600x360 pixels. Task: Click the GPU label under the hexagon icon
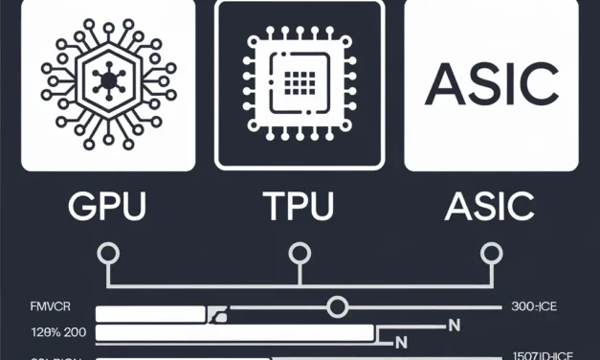point(108,206)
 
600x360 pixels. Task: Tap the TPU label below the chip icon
point(300,206)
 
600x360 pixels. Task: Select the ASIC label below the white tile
point(490,206)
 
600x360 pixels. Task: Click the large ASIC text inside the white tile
point(491,86)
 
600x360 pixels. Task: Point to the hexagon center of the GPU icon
point(108,84)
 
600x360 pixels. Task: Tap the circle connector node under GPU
point(108,254)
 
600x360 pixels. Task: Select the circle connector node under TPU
point(300,254)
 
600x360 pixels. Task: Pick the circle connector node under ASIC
point(491,254)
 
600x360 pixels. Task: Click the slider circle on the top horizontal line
point(336,307)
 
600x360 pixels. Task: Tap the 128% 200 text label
point(47,332)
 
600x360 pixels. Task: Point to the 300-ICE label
point(534,308)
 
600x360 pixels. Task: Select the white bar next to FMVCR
point(150,313)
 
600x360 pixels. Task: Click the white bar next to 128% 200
point(234,332)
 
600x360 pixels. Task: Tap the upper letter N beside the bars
point(454,326)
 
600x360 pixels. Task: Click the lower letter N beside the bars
point(402,341)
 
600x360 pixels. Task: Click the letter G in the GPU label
point(78,206)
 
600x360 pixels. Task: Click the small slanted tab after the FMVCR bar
point(219,313)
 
